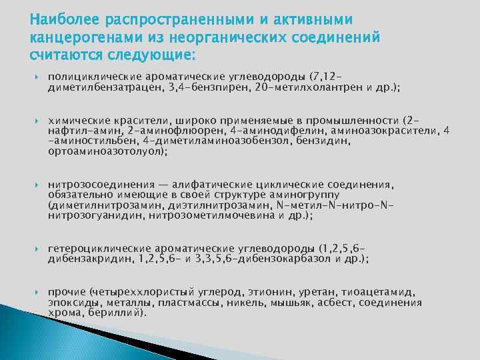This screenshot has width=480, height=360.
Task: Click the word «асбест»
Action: coord(338,302)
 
